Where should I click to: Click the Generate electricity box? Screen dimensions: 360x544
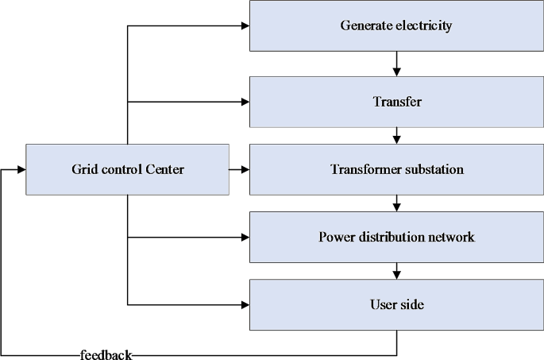[x=396, y=25]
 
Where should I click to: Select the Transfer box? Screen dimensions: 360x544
[x=396, y=102]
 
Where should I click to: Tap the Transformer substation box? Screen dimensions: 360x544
[x=396, y=169]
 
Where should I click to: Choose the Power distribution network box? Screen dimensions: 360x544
[x=396, y=237]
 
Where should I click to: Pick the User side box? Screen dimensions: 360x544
[x=396, y=304]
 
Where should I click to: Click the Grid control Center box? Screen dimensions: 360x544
[x=127, y=169]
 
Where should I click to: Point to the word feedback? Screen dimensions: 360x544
[x=106, y=354]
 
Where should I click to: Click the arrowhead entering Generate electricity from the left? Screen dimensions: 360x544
[x=245, y=26]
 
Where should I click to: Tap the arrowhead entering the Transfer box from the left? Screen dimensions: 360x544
[x=245, y=102]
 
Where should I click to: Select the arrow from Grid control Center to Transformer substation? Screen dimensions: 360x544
[x=239, y=169]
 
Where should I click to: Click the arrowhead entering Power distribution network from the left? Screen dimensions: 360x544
[x=245, y=237]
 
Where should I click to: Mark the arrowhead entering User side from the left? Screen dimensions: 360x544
[x=245, y=304]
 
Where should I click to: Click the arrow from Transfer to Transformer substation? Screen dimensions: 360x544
[x=396, y=136]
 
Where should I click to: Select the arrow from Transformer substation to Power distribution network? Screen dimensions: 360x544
[x=396, y=203]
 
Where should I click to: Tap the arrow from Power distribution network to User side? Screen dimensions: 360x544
[x=396, y=271]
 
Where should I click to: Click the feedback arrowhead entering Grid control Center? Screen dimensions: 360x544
[x=21, y=169]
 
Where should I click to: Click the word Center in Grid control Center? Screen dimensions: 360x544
[x=164, y=169]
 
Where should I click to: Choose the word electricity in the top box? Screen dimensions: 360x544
[x=422, y=25]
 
